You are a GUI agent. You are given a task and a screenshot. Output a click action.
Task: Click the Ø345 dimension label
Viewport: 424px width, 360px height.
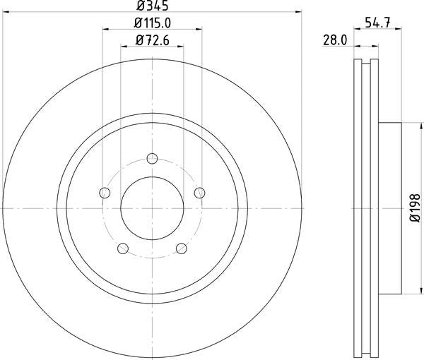pos(153,6)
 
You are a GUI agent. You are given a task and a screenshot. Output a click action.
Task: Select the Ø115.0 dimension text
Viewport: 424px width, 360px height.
pos(153,23)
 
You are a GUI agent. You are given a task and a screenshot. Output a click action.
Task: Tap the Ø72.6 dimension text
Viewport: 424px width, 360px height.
pos(153,40)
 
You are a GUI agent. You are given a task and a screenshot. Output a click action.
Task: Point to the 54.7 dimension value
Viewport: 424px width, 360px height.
pos(378,23)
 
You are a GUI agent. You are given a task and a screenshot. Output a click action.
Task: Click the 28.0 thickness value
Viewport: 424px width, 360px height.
pos(335,41)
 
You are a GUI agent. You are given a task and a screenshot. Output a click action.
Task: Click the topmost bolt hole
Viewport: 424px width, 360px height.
pos(152,158)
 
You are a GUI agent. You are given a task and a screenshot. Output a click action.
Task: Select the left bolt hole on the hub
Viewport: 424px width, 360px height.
pos(105,193)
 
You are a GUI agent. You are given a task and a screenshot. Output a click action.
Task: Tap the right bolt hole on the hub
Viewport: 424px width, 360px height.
pos(199,193)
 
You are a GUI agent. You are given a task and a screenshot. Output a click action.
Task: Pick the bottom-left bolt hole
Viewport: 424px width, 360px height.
pos(123,248)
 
